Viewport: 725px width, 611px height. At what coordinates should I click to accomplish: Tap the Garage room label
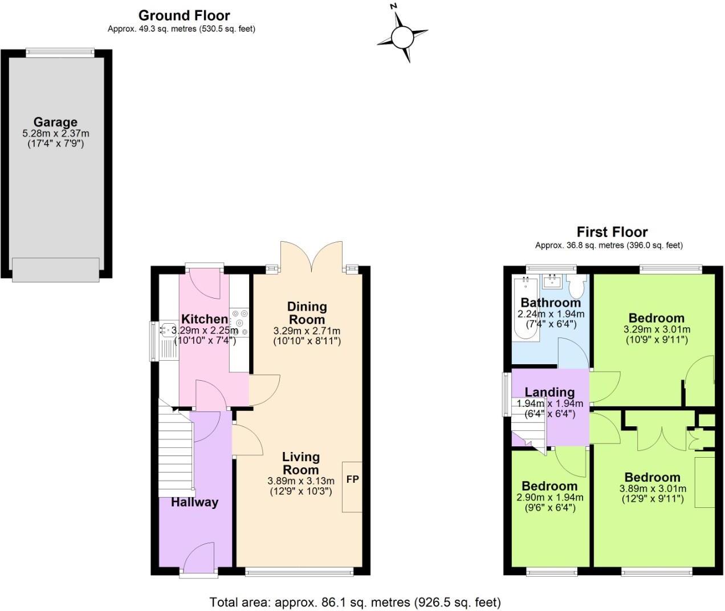pyautogui.click(x=55, y=122)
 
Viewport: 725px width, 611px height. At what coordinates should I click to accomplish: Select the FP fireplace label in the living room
pyautogui.click(x=352, y=479)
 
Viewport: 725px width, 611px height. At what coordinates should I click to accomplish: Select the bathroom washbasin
pyautogui.click(x=552, y=280)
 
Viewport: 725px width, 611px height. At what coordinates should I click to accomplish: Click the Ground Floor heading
pyautogui.click(x=184, y=15)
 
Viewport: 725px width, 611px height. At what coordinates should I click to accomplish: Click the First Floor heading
pyautogui.click(x=612, y=232)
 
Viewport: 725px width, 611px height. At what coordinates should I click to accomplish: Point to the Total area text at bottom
pyautogui.click(x=355, y=602)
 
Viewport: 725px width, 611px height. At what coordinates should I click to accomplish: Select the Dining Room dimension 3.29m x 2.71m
pyautogui.click(x=307, y=331)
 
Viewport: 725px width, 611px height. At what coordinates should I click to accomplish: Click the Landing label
pyautogui.click(x=549, y=392)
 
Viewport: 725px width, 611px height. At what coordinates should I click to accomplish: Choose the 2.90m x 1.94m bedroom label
pyautogui.click(x=549, y=498)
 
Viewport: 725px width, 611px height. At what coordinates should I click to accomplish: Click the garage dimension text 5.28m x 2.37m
pyautogui.click(x=56, y=134)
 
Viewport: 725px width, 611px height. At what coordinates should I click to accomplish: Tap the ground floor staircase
pyautogui.click(x=176, y=450)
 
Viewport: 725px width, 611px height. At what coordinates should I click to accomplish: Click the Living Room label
pyautogui.click(x=301, y=463)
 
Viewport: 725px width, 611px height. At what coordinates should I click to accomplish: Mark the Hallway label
pyautogui.click(x=194, y=502)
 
